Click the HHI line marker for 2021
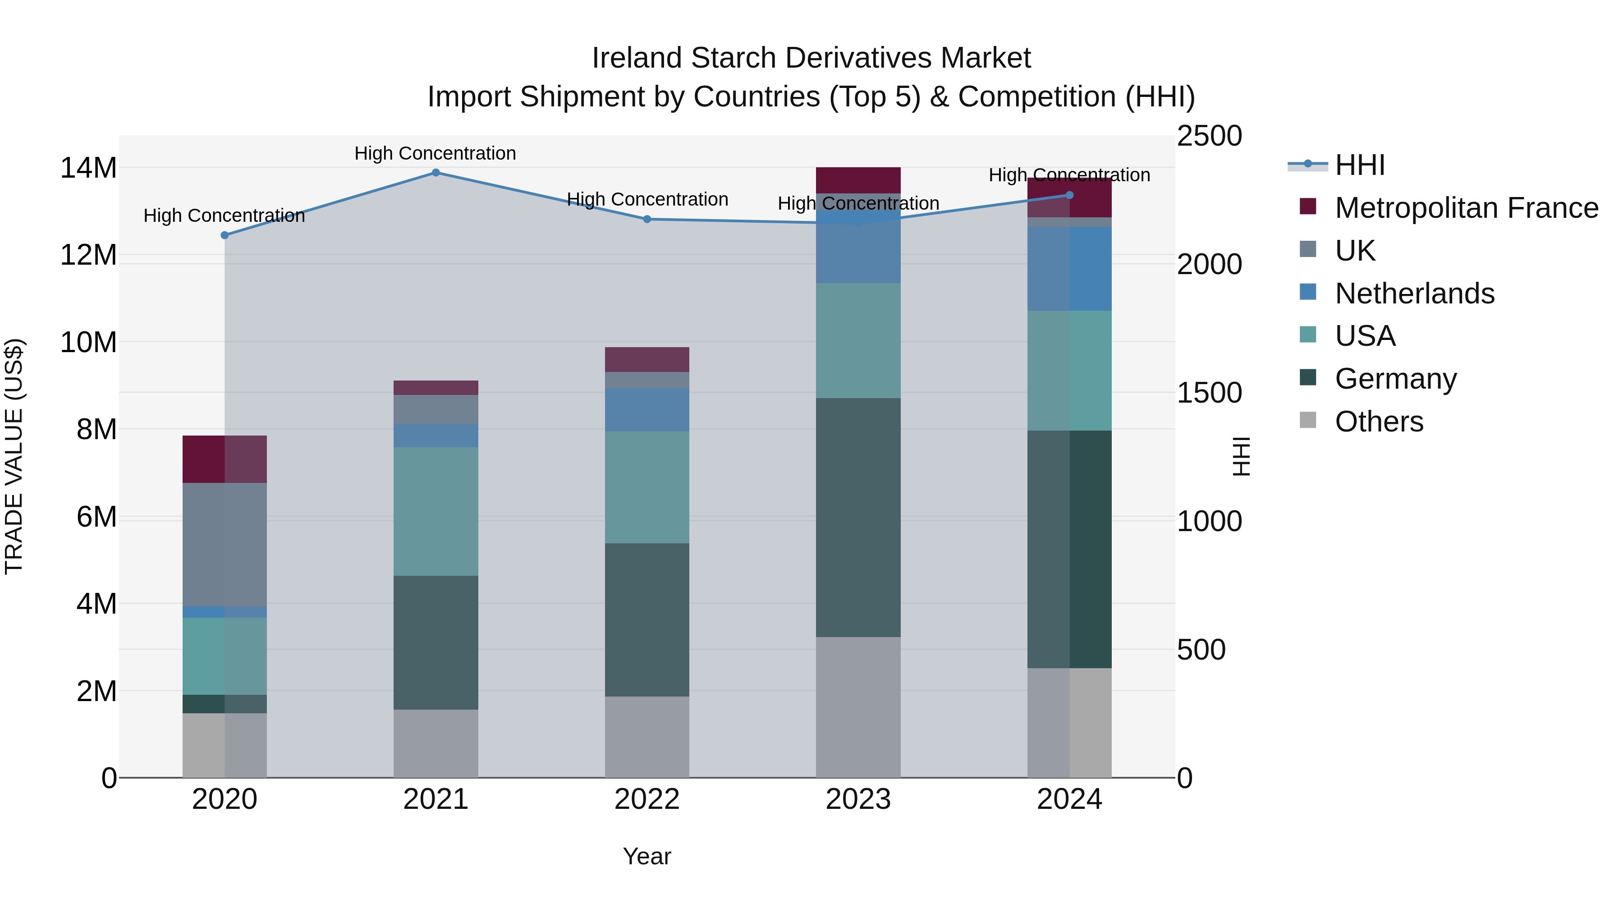[x=436, y=173]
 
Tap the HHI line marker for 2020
[x=225, y=235]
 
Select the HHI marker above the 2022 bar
[x=647, y=219]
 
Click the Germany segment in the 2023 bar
[x=858, y=517]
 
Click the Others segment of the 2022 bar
[x=647, y=737]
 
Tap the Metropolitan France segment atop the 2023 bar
[x=858, y=180]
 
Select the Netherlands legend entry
[x=1414, y=294]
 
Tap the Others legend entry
[x=1379, y=422]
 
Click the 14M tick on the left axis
[x=88, y=168]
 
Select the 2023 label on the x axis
[x=858, y=799]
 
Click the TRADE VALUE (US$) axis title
[x=14, y=456]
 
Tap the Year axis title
[x=647, y=856]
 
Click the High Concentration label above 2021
[x=436, y=153]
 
